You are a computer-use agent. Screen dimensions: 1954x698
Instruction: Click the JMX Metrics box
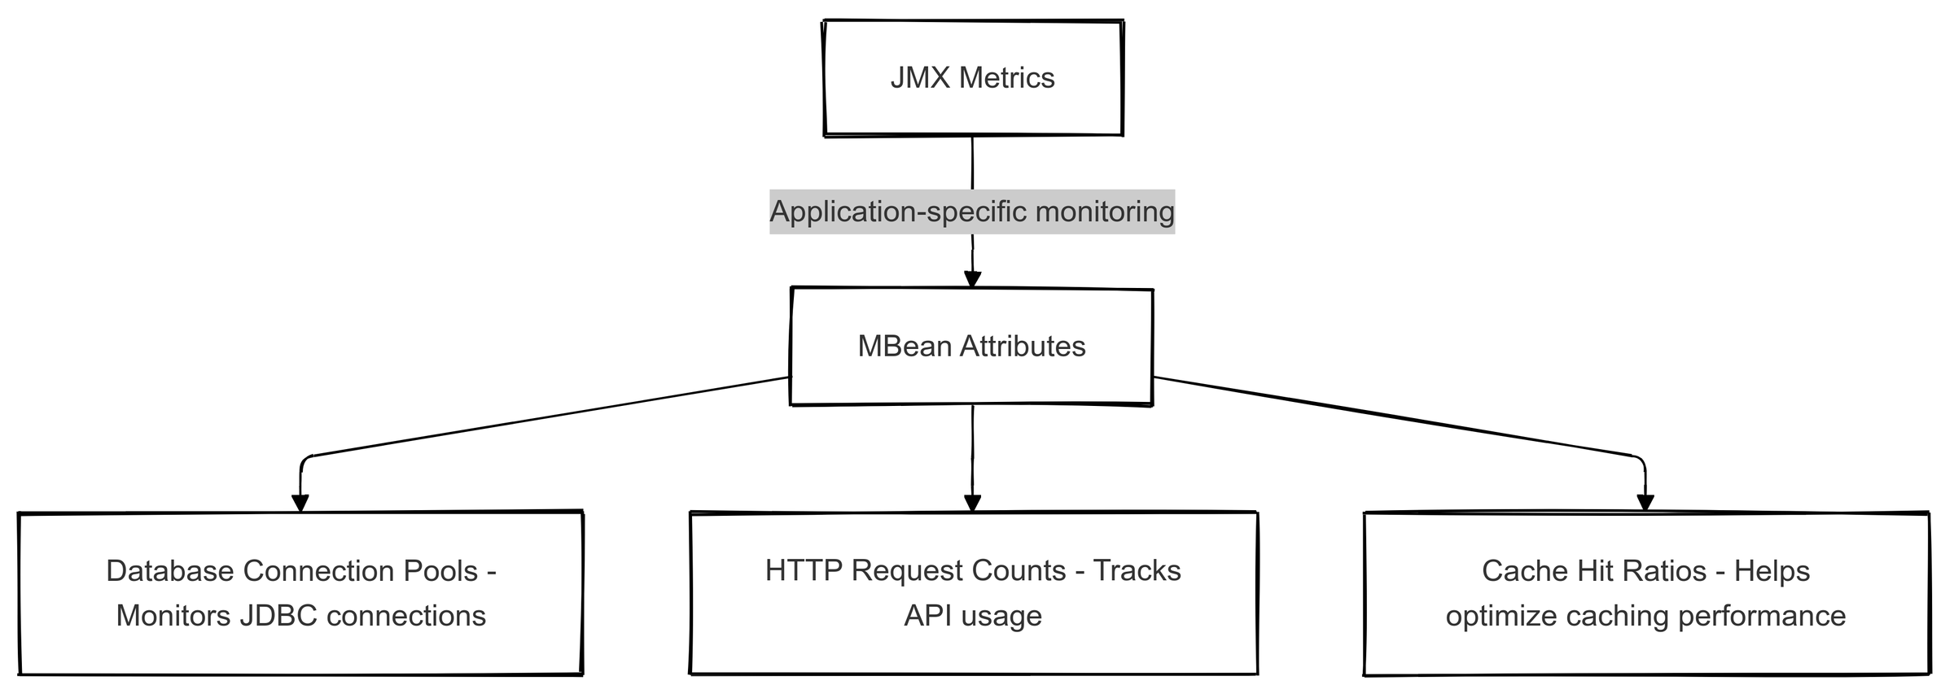(974, 78)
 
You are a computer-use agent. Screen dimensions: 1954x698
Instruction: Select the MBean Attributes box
(972, 347)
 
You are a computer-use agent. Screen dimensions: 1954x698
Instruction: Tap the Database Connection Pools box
(300, 593)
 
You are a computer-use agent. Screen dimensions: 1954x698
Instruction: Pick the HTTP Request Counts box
(974, 593)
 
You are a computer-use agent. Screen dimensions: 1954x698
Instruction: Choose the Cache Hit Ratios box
(1646, 593)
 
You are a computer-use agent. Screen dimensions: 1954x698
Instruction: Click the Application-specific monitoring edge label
(972, 212)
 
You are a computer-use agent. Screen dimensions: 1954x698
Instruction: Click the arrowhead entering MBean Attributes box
(972, 279)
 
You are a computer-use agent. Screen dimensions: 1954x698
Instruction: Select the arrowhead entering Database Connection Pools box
(300, 503)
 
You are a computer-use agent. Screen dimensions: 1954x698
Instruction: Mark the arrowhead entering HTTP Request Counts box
(973, 503)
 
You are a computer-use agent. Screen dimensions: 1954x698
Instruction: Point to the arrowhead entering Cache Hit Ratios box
(1645, 503)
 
